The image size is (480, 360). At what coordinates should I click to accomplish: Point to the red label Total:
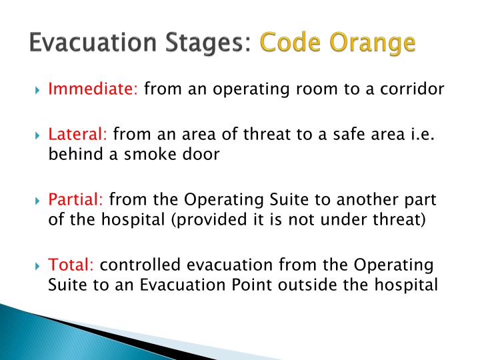70,265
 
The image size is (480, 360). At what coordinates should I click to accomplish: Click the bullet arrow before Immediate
37,89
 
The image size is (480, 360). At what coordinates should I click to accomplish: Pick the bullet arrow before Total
37,265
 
